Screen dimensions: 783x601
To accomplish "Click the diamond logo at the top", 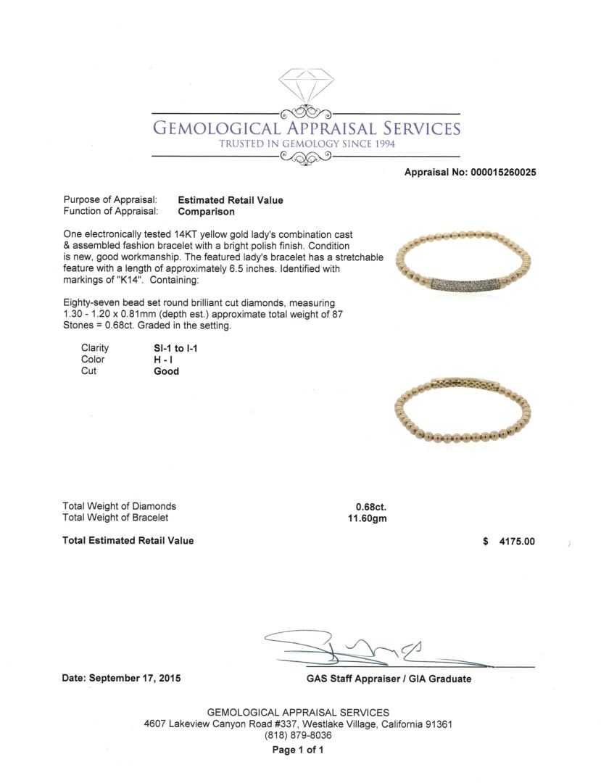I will (304, 88).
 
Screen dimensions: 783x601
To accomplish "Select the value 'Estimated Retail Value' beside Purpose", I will (231, 200).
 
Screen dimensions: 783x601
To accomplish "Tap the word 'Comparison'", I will (207, 212).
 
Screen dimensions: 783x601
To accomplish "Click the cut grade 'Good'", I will (166, 371).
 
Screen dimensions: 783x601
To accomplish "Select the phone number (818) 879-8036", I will (298, 735).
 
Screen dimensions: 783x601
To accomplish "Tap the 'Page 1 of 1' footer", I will (298, 750).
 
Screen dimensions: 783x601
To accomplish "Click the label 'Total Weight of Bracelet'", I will (115, 518).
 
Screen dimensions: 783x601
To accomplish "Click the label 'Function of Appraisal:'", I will (110, 212).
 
